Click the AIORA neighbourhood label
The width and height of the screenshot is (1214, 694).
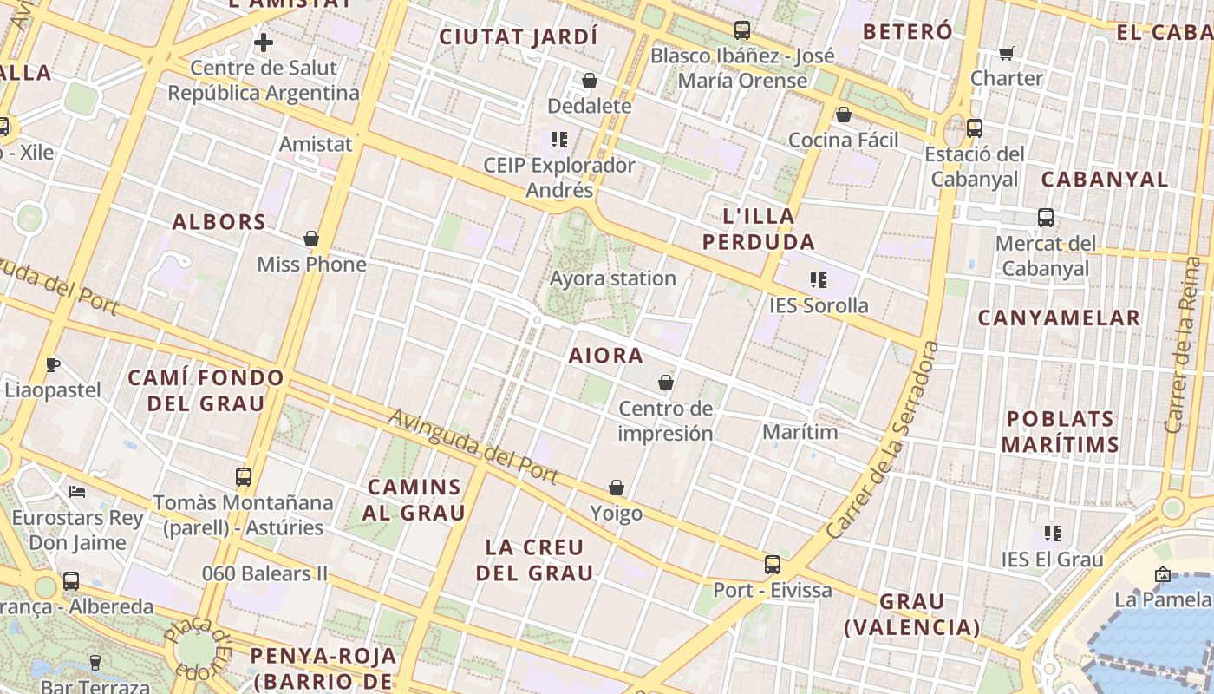pos(606,356)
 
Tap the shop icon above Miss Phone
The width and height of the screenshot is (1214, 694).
pos(311,238)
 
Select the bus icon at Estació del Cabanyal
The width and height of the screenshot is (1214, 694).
pos(975,128)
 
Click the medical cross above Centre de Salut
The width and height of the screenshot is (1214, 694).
pos(264,42)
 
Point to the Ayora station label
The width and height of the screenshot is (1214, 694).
pos(612,278)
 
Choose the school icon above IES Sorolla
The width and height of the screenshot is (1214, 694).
pos(818,279)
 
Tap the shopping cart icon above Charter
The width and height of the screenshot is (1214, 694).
pos(1006,54)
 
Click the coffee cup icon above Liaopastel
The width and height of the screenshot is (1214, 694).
pos(52,364)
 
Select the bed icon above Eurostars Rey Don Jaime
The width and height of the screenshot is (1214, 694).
pos(77,492)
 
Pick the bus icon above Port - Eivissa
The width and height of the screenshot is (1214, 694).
pos(773,565)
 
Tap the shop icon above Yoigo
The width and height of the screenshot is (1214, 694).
pos(617,488)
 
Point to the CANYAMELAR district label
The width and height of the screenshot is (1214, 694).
pos(1059,318)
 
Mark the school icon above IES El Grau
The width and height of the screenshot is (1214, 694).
pos(1053,533)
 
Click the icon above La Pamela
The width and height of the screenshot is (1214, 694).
pos(1162,574)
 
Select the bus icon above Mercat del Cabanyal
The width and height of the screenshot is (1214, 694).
pos(1046,218)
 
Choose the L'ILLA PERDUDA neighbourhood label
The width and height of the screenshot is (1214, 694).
pos(758,229)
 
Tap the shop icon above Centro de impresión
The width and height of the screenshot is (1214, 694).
pos(666,383)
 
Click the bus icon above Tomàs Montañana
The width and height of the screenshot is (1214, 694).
pos(244,476)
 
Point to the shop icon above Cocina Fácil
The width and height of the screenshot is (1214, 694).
pos(843,115)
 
